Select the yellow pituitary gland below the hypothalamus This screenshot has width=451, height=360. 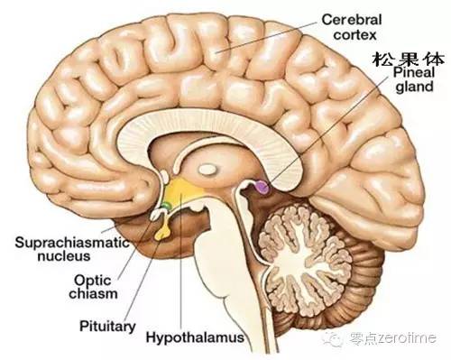164,232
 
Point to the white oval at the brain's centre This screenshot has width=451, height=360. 209,168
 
